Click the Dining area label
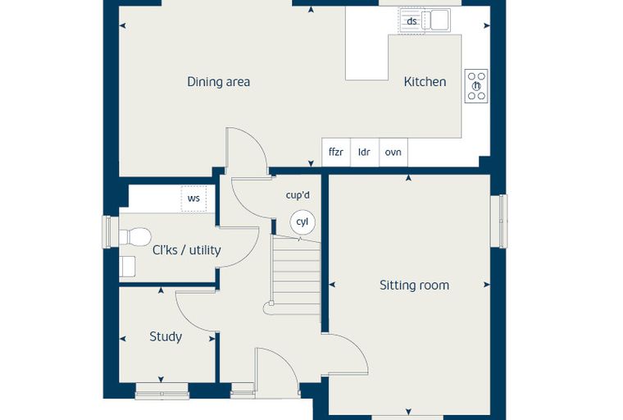(219, 82)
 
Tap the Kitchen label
(425, 81)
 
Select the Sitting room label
(415, 285)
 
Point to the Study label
(166, 337)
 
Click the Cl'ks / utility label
(187, 250)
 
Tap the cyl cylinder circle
(302, 222)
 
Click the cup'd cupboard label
(298, 195)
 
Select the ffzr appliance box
(336, 152)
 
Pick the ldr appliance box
(365, 152)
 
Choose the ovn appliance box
(393, 152)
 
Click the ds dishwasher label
(412, 21)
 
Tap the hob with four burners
(476, 86)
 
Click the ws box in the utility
(193, 198)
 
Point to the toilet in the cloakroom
(135, 236)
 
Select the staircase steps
(297, 275)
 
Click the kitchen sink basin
(440, 20)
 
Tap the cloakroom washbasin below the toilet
(127, 267)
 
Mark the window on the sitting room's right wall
(498, 221)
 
